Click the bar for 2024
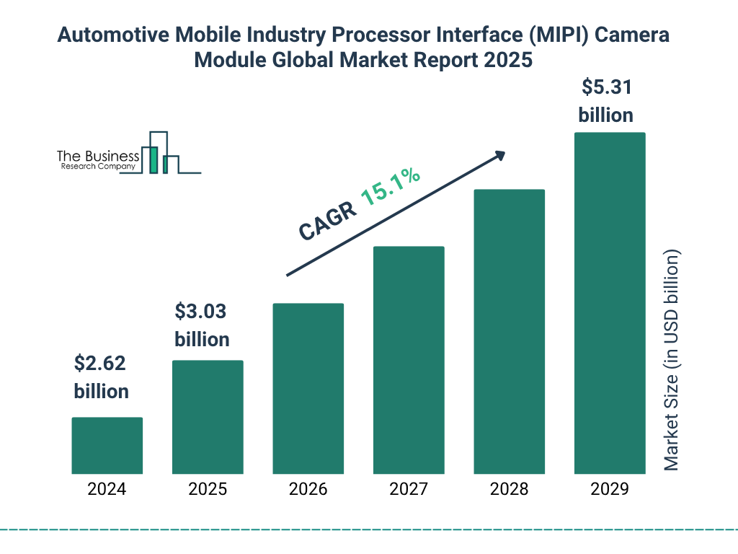[107, 445]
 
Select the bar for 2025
[208, 417]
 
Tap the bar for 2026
[308, 388]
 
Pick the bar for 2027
[409, 360]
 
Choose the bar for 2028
[509, 332]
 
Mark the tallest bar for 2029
[610, 303]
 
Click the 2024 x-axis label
[107, 489]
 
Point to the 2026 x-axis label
[308, 489]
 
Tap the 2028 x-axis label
[509, 489]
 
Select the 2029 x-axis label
[610, 489]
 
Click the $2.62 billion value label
[101, 377]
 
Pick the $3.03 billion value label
[202, 325]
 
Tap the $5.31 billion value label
[606, 101]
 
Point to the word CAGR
[326, 220]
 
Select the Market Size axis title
[672, 361]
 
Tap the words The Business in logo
[98, 157]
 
